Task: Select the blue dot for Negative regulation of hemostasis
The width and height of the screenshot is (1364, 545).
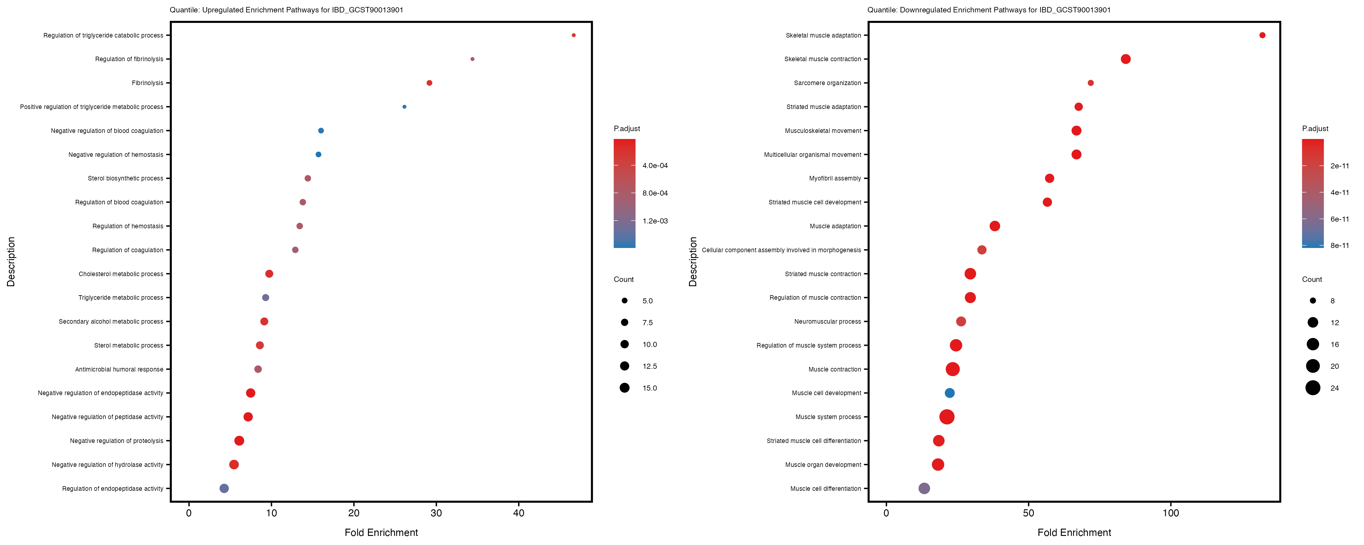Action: pos(318,154)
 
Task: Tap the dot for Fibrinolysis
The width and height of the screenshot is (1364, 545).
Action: pos(430,83)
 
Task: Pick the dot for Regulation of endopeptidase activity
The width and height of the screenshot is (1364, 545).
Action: pos(224,488)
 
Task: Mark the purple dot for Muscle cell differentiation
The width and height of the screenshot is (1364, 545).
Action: pos(924,488)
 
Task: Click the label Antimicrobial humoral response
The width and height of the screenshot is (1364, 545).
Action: pos(119,369)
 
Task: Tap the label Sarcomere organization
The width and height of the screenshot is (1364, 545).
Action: pos(827,83)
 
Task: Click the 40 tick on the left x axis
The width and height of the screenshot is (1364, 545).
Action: pos(519,513)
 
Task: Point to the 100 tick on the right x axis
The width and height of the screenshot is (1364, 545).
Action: pos(1171,513)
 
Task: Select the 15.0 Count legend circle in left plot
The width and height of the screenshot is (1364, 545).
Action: pos(625,388)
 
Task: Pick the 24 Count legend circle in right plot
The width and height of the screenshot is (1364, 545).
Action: pos(1313,388)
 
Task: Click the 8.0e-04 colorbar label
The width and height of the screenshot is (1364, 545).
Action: pos(655,193)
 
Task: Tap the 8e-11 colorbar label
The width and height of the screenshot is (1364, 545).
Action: pos(1340,246)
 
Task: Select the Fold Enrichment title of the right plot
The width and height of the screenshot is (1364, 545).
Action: pos(1074,532)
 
